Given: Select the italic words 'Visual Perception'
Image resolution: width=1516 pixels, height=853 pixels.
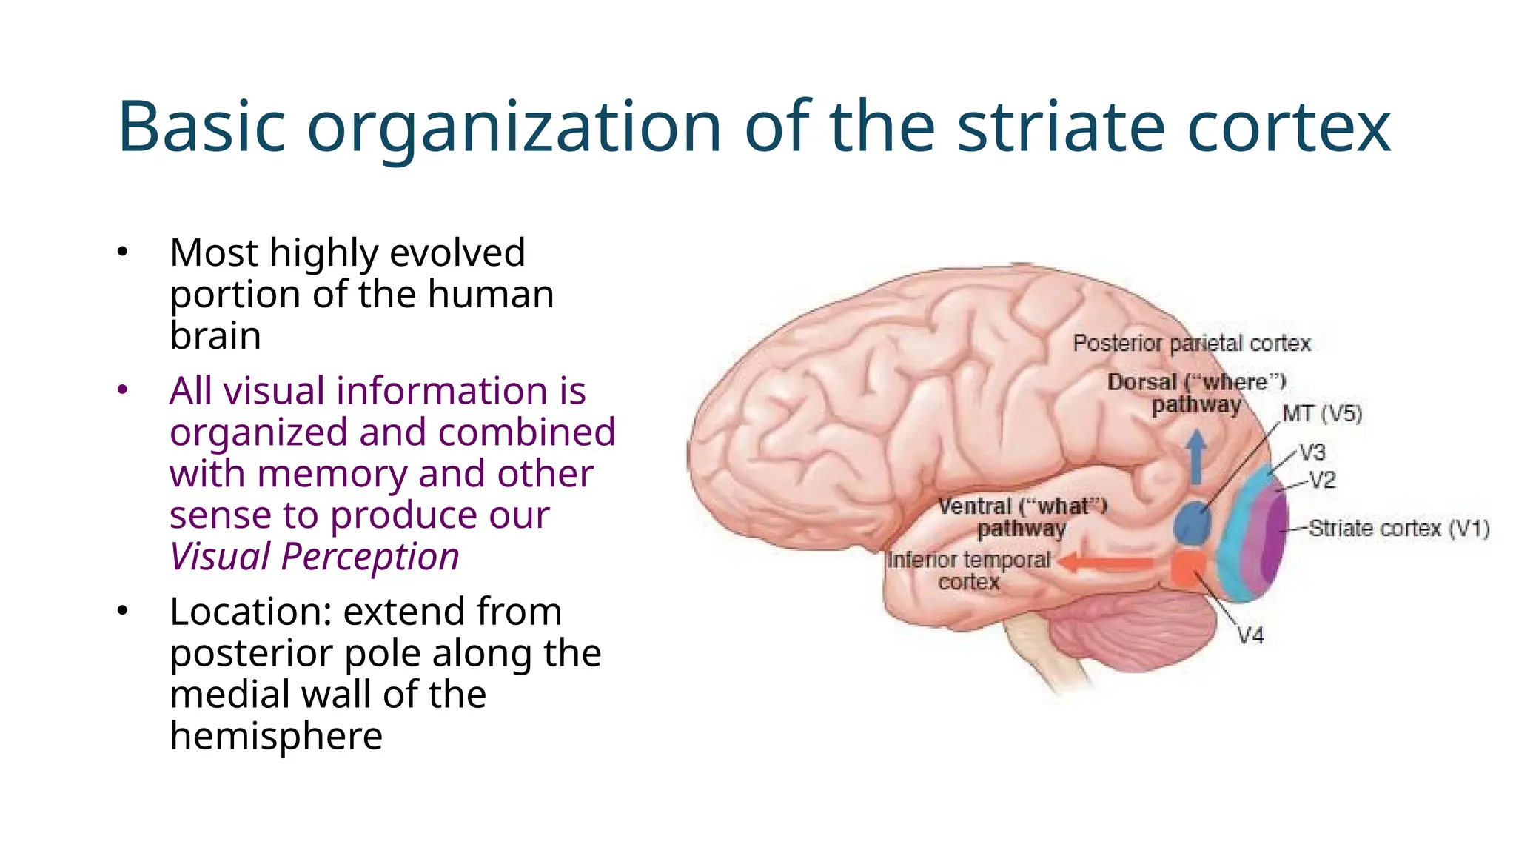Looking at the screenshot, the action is [x=315, y=557].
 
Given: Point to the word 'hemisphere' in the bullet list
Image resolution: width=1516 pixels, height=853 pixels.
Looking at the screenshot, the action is [x=276, y=737].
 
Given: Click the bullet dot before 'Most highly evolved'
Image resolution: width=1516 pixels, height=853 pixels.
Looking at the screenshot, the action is [x=123, y=252].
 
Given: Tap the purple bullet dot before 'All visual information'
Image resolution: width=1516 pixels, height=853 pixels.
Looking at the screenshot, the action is [x=123, y=390].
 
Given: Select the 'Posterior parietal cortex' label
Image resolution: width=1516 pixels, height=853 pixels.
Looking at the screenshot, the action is [x=1191, y=344].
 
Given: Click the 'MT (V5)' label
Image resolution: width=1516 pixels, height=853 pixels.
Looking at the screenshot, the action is [x=1322, y=413].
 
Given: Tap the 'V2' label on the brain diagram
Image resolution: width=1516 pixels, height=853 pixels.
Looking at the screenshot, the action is [x=1322, y=481].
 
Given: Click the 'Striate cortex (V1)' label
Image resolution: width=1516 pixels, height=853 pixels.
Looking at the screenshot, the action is [x=1398, y=529].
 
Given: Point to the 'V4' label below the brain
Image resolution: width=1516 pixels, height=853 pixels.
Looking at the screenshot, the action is [x=1251, y=635].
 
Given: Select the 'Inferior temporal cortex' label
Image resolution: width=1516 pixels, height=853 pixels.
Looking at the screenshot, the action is [x=969, y=570].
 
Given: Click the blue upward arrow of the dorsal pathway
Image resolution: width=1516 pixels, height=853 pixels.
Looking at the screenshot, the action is [x=1196, y=455].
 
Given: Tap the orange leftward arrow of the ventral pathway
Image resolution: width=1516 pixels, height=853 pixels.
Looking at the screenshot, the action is [x=1107, y=563].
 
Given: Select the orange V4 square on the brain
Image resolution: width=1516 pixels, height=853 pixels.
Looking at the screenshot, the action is [x=1188, y=569].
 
